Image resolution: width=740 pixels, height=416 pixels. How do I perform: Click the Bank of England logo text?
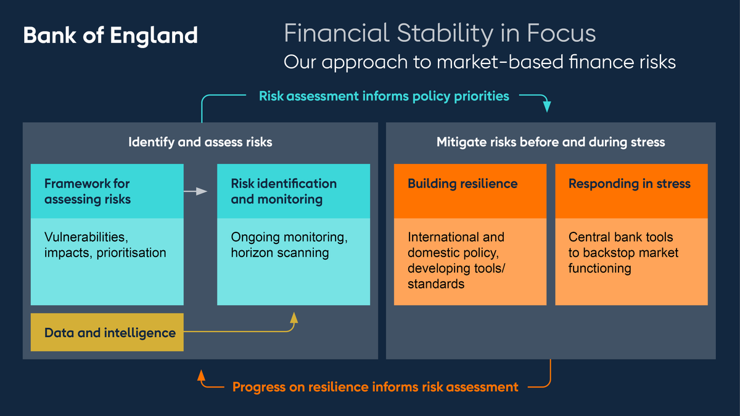(110, 35)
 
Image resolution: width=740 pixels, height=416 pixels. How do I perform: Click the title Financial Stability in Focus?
(440, 33)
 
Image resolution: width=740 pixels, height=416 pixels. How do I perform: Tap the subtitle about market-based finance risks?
(479, 62)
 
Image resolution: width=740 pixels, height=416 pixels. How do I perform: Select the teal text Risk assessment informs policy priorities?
(384, 96)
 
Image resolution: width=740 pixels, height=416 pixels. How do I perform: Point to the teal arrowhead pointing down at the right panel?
(547, 108)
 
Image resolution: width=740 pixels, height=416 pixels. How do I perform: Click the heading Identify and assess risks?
(200, 142)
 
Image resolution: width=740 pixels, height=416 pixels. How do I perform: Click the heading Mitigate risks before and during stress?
(551, 142)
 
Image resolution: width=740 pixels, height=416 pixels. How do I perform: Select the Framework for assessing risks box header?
(107, 191)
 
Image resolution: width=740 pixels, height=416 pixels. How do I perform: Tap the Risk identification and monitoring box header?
(293, 191)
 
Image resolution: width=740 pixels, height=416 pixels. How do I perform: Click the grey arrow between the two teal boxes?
(195, 192)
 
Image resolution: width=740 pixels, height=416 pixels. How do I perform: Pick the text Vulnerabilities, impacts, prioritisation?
(105, 245)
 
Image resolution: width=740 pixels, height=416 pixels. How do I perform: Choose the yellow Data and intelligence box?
(107, 333)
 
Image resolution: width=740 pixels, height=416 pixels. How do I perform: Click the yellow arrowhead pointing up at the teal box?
(294, 317)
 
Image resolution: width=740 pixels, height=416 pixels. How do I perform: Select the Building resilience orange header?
(470, 184)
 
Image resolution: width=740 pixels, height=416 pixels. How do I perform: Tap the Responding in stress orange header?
(631, 184)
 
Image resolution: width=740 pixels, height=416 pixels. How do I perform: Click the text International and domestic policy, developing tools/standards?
(456, 260)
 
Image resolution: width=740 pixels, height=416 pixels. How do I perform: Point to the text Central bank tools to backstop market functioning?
(623, 253)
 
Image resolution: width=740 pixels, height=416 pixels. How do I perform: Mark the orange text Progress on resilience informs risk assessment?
(375, 387)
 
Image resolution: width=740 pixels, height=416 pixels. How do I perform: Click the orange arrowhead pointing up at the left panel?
(201, 375)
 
